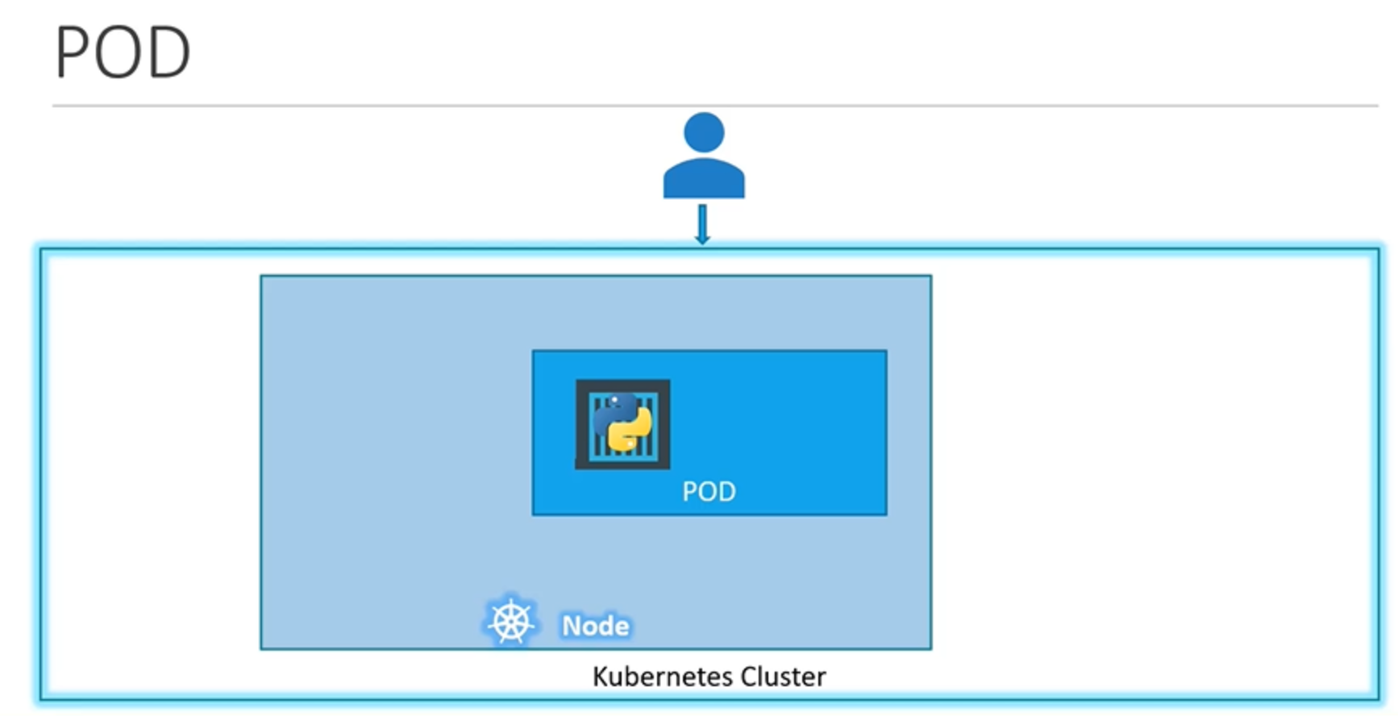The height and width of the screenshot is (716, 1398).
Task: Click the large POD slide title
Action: pos(123,52)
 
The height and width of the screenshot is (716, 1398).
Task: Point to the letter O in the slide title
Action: pos(119,53)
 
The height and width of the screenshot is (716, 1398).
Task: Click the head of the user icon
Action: pos(703,131)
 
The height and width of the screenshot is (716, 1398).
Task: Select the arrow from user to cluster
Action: pos(702,223)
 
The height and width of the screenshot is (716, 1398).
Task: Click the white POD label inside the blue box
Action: pos(709,491)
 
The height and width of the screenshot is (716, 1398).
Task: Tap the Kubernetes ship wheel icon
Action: pos(510,622)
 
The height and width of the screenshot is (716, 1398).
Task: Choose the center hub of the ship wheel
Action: pos(510,622)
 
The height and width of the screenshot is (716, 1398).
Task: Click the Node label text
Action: pos(595,626)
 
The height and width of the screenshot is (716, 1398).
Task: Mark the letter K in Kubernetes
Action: pos(600,676)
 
